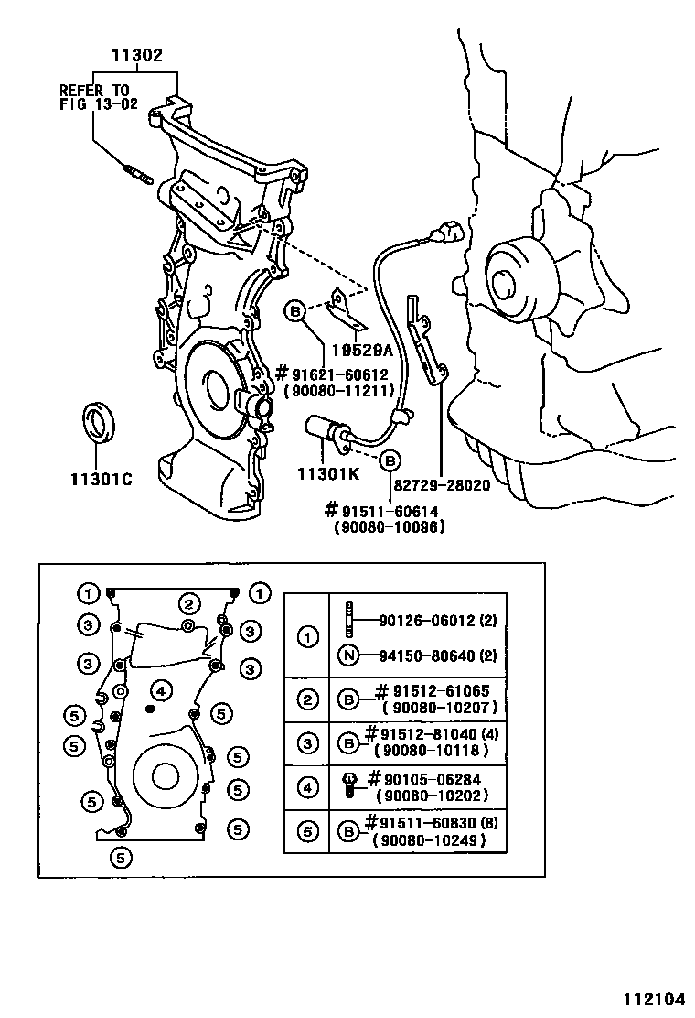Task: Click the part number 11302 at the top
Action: click(137, 56)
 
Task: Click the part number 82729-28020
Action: click(443, 485)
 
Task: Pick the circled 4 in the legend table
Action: click(309, 787)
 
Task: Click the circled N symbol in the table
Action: click(347, 655)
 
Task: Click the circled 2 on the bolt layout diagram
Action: click(188, 603)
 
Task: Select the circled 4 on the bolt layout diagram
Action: click(159, 689)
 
